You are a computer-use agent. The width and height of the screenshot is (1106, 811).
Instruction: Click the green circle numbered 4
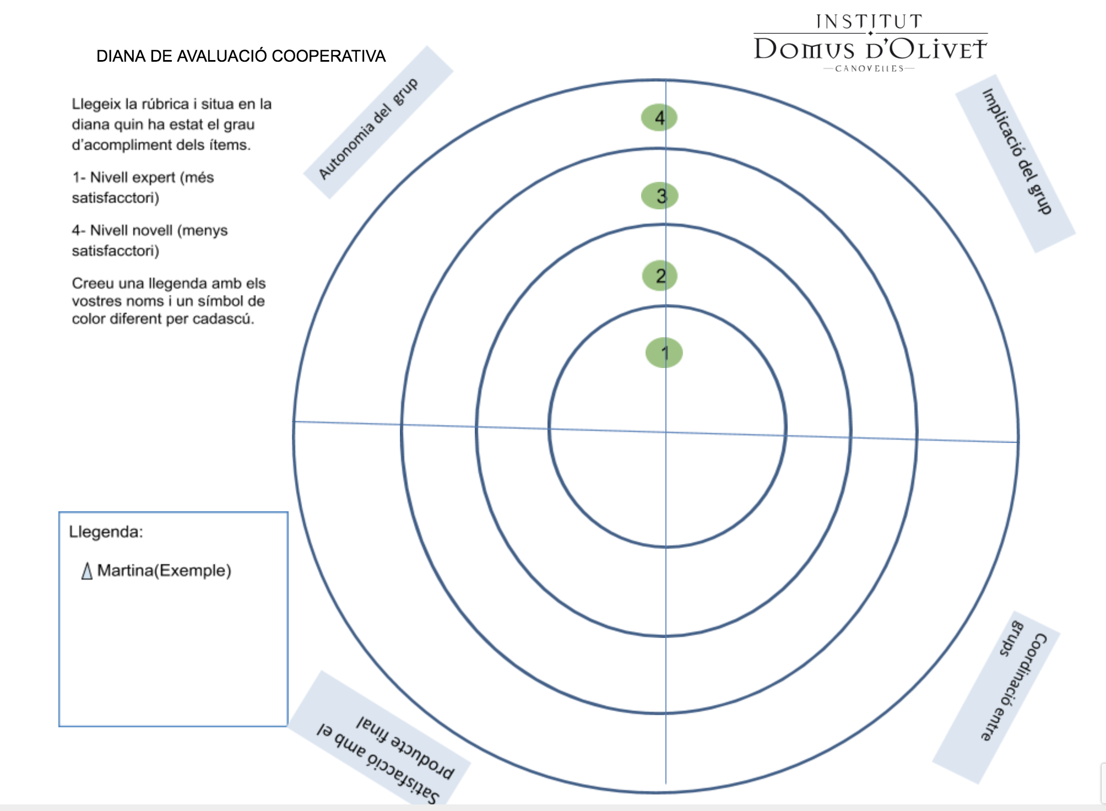point(659,117)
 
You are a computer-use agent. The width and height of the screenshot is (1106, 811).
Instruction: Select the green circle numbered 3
point(659,196)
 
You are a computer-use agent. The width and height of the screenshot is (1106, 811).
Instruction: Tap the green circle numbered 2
point(659,275)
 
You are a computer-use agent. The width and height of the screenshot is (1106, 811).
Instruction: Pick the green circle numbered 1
point(664,353)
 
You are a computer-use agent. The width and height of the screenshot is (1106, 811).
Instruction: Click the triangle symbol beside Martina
point(86,571)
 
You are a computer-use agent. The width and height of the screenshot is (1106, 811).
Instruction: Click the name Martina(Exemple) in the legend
point(164,570)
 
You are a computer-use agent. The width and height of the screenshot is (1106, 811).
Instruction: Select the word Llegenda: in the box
point(106,532)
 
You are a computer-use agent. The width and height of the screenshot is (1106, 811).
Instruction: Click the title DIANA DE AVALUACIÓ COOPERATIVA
point(241,56)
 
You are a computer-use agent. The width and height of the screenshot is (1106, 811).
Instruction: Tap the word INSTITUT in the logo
point(869,21)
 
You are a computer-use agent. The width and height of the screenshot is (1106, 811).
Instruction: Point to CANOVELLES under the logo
point(869,69)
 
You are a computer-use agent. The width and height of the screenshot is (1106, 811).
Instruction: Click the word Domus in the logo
point(804,50)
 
